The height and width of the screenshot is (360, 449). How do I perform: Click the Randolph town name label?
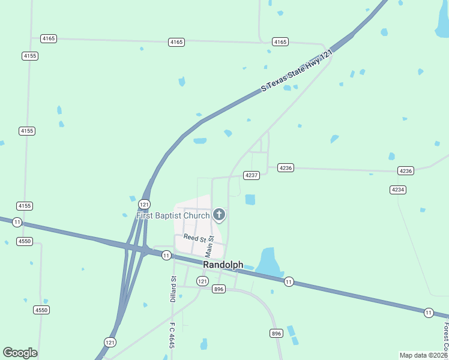coord(223,265)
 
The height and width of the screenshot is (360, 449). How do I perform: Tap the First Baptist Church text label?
coord(173,215)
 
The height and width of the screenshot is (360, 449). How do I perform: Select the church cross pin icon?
coord(219,215)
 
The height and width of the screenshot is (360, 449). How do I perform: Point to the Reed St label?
coord(194,238)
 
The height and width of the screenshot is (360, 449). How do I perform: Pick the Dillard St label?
coord(173,289)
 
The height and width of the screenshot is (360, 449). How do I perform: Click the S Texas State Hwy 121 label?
coord(297,71)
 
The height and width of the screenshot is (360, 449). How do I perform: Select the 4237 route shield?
coord(252,175)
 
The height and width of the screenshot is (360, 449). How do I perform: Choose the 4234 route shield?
coord(397,190)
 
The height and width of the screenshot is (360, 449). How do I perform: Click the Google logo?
coord(20,353)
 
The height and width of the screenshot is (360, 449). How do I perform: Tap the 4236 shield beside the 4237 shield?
coord(286,168)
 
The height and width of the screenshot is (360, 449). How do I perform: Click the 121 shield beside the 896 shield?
coord(202,281)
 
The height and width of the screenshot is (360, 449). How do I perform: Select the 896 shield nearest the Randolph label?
coord(218,289)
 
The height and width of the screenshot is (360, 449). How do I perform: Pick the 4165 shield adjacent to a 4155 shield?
coord(49,38)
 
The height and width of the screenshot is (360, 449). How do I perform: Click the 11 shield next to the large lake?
coord(289,281)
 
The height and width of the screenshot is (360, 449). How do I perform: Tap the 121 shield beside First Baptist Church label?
coord(144,203)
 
